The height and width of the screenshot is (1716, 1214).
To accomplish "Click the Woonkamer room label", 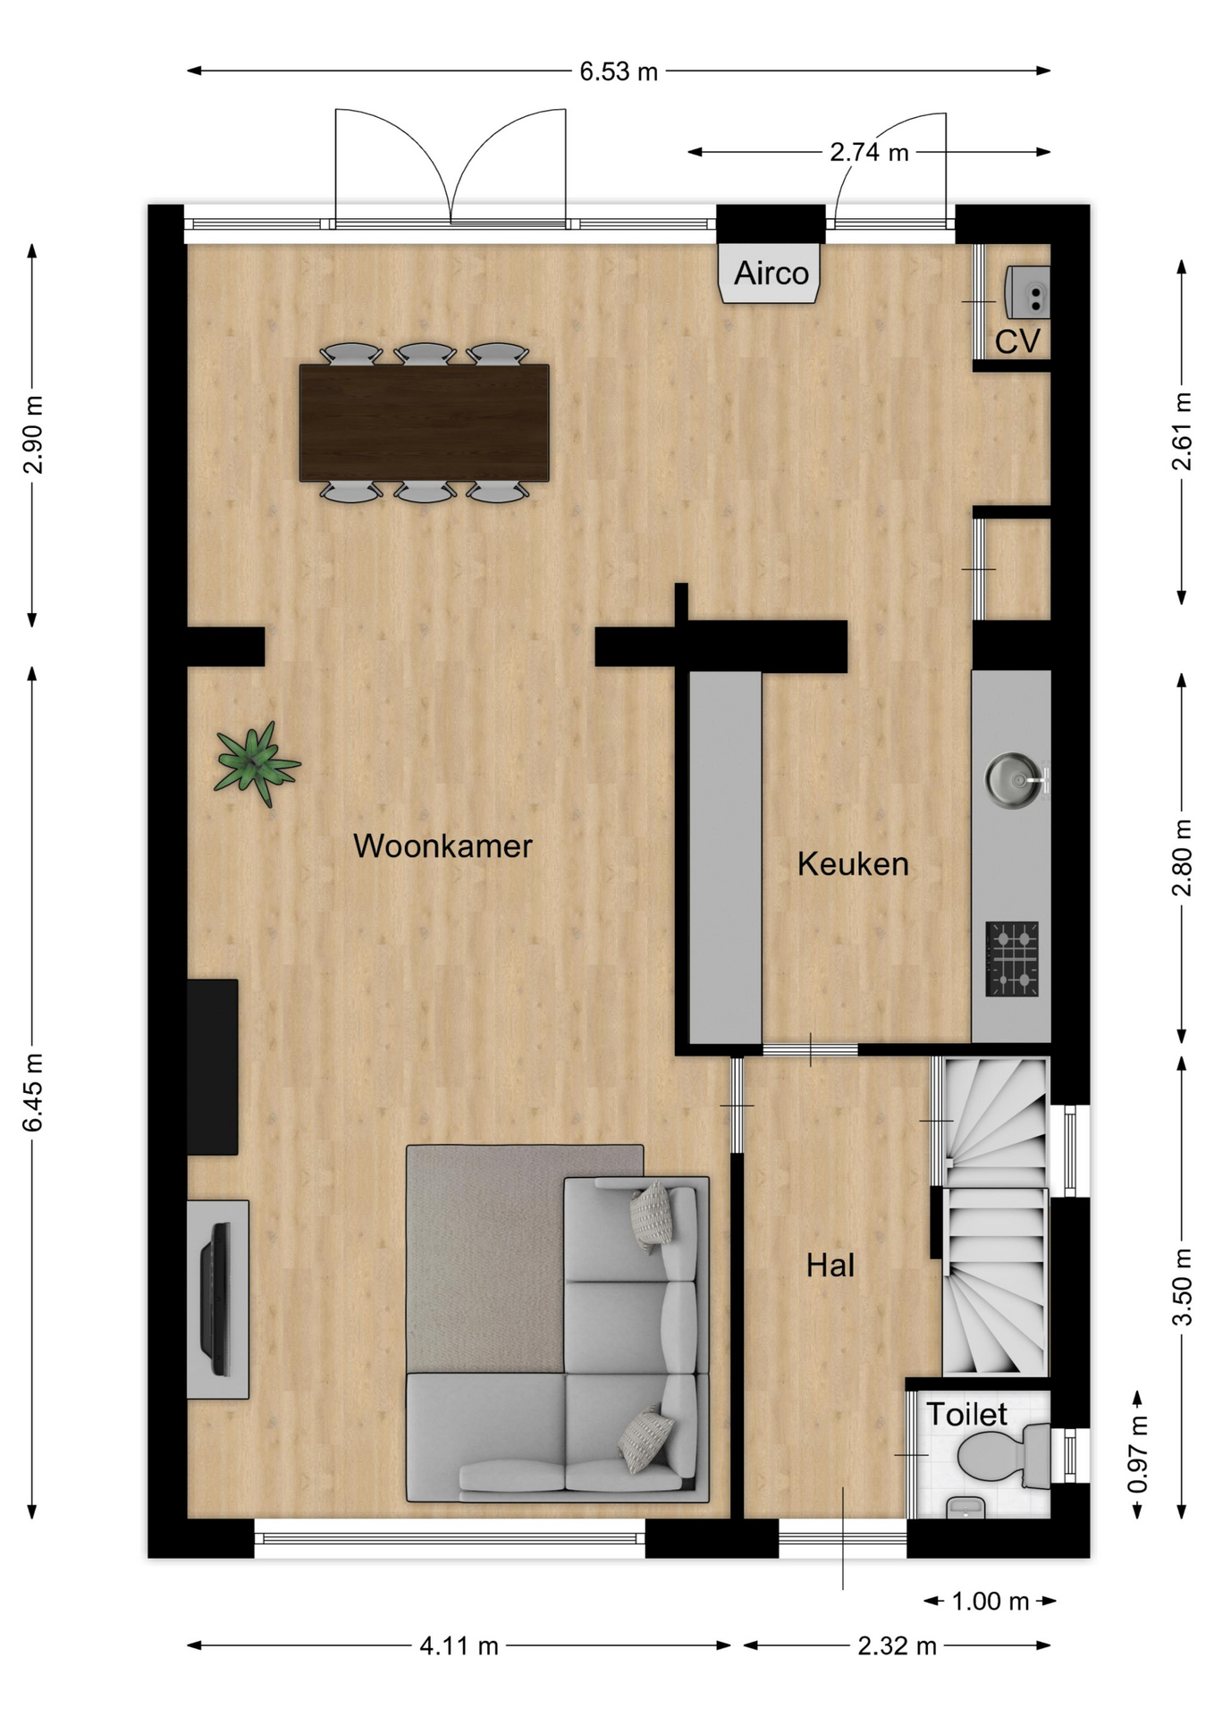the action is tap(443, 845).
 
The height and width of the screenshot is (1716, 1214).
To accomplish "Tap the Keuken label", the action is tap(853, 863).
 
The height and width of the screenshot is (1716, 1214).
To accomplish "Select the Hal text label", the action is tap(830, 1266).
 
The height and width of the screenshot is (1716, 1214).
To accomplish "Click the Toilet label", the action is tap(966, 1413).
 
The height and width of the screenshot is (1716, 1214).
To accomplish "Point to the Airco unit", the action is tap(771, 273).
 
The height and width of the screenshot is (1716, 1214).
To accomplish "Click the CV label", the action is tap(1017, 341).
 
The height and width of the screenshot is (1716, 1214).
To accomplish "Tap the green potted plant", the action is tap(257, 763).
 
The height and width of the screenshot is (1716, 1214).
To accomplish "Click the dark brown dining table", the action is tap(424, 422).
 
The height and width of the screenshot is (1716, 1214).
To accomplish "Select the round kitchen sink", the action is tap(1015, 779).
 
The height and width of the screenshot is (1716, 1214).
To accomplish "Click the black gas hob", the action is tap(1012, 959).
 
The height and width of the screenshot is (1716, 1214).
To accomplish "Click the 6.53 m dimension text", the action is tap(619, 71).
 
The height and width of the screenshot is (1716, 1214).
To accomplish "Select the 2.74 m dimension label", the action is tap(869, 152).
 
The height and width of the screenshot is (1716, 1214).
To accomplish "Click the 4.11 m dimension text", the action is tap(459, 1645).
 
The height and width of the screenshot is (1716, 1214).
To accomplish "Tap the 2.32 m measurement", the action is tap(897, 1645).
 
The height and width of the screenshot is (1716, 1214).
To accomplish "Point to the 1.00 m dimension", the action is tap(991, 1601).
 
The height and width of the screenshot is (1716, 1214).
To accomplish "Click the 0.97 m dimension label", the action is tap(1137, 1454).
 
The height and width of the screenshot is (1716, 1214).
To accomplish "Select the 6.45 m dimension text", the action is tap(33, 1092).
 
